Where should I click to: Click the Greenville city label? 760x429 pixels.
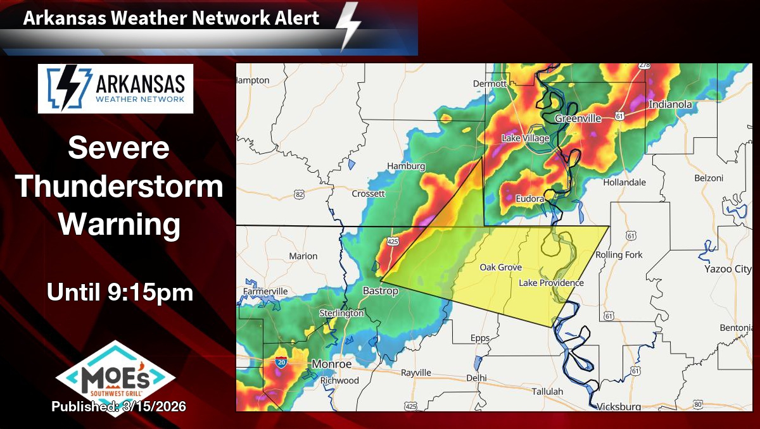tap(578, 118)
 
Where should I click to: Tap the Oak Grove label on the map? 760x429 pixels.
tap(500, 268)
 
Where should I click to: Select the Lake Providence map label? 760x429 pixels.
tap(551, 283)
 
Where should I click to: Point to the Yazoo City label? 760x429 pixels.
tap(728, 269)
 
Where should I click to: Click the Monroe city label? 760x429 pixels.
tap(331, 364)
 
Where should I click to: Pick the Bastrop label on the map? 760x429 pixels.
tap(380, 291)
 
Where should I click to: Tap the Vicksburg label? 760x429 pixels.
tap(619, 406)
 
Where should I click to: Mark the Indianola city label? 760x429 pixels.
tap(670, 104)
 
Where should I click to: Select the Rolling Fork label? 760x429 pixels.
tap(619, 255)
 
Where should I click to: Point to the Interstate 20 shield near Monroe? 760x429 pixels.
tap(281, 362)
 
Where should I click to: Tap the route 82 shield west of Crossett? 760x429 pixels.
tap(300, 194)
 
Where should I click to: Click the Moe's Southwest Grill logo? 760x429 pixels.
tap(115, 376)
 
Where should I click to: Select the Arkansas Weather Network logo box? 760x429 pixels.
tap(115, 89)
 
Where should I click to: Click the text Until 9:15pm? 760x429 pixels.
tap(120, 292)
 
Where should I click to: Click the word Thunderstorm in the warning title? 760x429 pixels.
tap(120, 187)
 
